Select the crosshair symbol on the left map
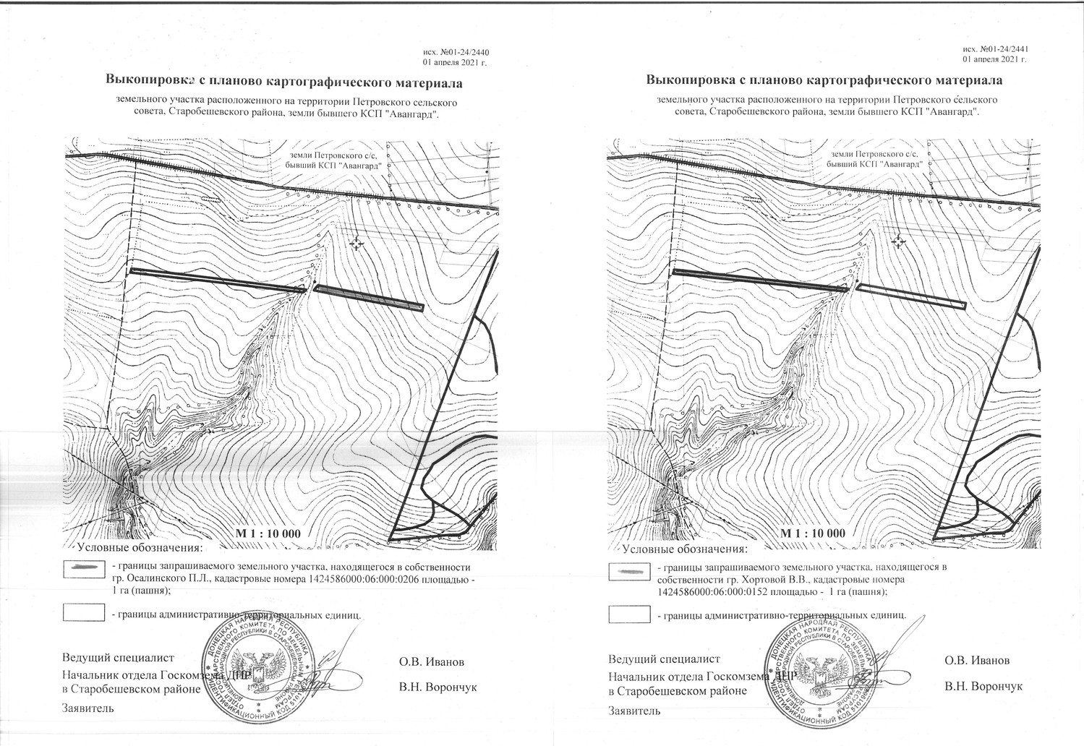[356, 244]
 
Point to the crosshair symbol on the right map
[898, 241]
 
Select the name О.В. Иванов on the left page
[432, 661]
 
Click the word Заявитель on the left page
[88, 708]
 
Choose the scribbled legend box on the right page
[630, 571]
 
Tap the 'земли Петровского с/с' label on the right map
[875, 154]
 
